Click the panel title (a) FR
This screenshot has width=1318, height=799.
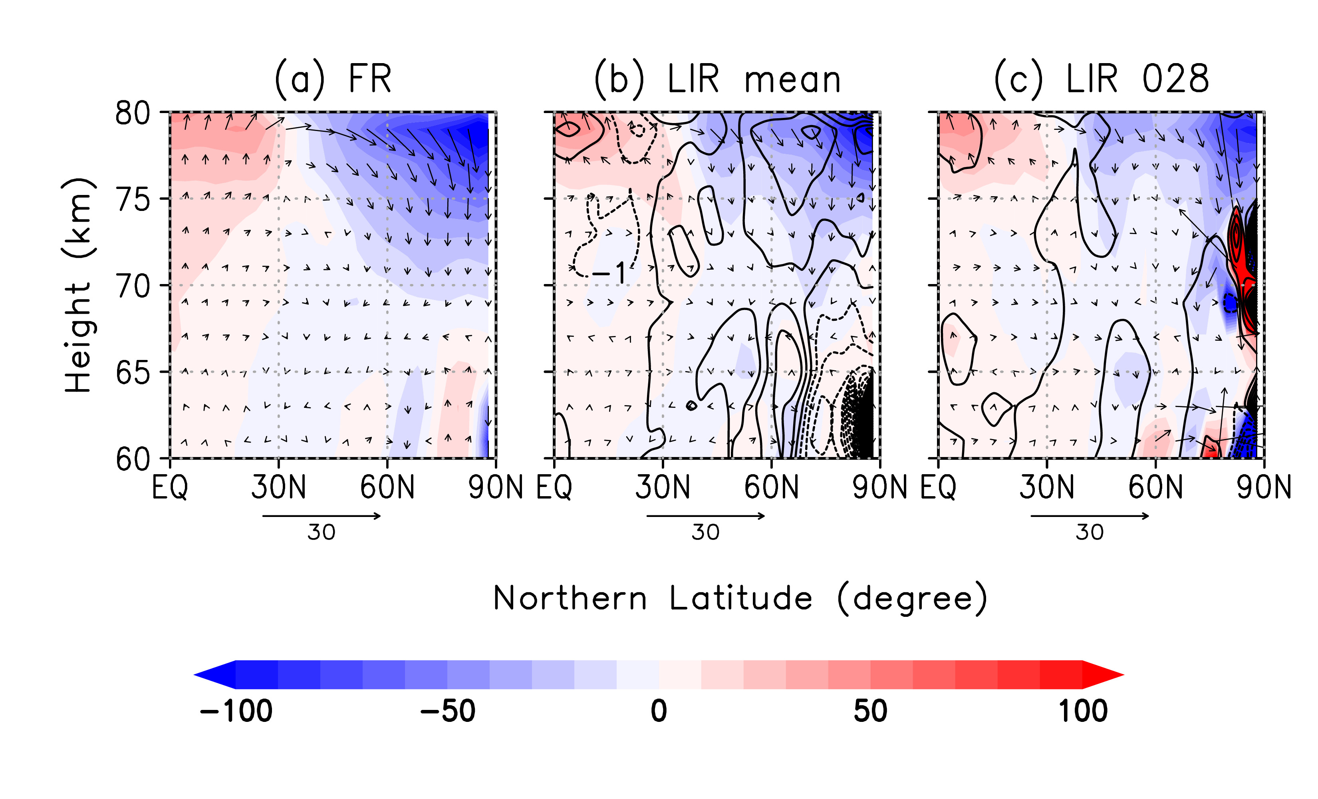(x=333, y=79)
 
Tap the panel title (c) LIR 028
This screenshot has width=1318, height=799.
(x=1102, y=79)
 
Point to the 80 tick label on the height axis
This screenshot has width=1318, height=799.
(x=132, y=113)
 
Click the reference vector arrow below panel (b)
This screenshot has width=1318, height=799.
(x=706, y=516)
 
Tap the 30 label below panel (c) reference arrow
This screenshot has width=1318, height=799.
(x=1090, y=533)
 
